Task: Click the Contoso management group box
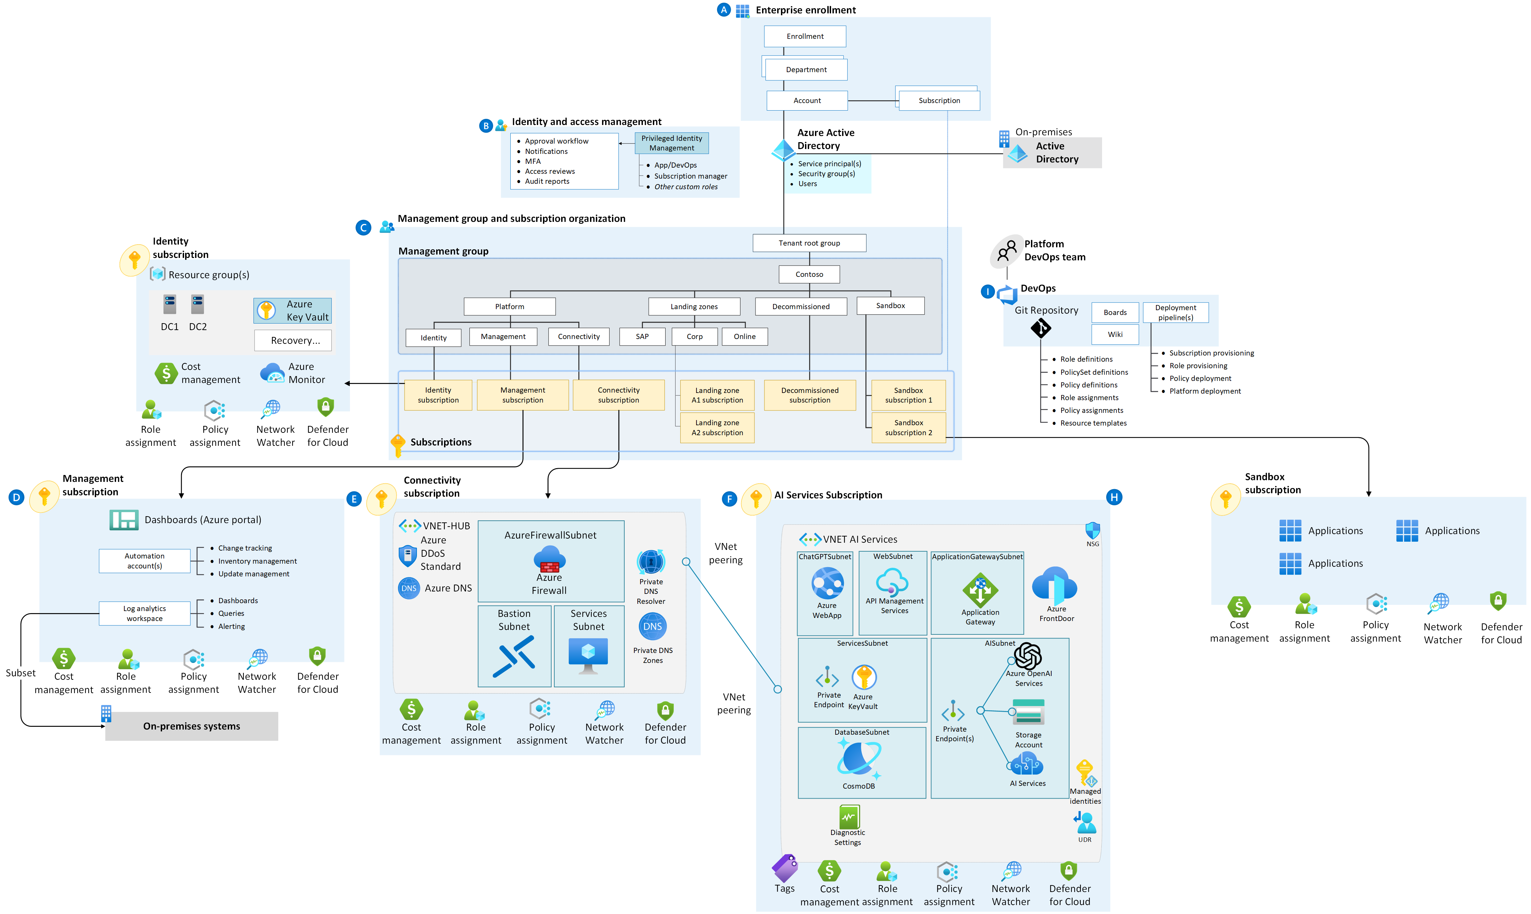pos(809,274)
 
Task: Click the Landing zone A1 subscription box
pos(717,395)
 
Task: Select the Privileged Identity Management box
pos(671,143)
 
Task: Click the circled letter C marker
pos(363,227)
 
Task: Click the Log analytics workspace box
pos(145,613)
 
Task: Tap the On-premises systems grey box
pos(192,726)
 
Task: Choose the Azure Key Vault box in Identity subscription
pos(293,311)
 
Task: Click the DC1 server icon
pos(169,304)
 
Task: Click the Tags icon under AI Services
pos(785,868)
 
